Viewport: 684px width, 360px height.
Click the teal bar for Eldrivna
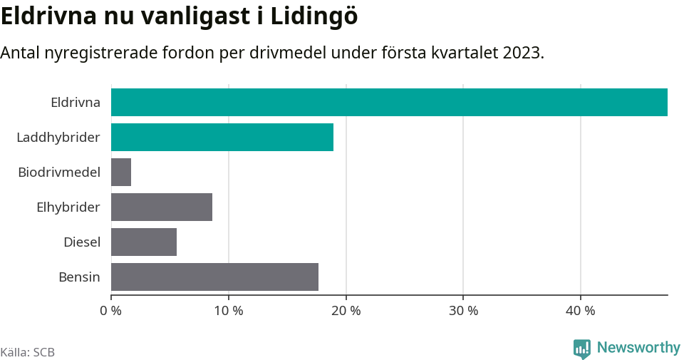coord(389,102)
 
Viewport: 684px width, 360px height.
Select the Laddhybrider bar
coord(222,137)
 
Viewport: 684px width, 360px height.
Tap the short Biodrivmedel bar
coord(121,172)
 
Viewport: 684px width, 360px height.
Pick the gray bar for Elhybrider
coord(162,207)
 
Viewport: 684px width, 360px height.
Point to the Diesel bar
coord(144,242)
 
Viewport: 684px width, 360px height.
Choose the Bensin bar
coord(214,277)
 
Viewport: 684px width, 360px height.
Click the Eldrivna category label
coord(76,102)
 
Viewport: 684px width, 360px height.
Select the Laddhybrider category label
coord(58,137)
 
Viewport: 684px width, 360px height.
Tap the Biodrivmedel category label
coord(59,172)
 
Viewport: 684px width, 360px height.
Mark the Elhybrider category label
coord(68,207)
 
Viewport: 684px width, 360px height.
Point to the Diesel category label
coord(82,242)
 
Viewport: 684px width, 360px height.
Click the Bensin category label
coord(79,277)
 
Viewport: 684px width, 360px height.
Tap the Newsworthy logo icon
coord(582,348)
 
